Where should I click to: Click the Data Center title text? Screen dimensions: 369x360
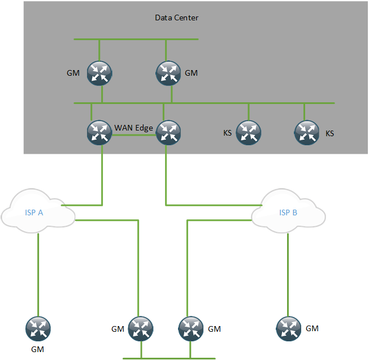176,18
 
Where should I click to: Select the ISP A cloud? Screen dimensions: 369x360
38,211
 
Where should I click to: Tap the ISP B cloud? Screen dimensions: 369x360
289,211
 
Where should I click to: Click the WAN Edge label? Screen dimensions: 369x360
133,128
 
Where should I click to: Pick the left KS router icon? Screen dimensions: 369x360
248,133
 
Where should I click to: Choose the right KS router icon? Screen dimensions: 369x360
307,133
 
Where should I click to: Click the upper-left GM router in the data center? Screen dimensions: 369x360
99,73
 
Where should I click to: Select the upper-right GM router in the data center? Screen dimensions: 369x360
168,73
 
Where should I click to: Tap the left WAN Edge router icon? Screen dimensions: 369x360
99,133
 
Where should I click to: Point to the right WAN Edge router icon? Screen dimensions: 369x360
168,133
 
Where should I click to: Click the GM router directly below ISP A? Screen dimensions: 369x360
38,329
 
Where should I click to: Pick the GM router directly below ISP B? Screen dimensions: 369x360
289,329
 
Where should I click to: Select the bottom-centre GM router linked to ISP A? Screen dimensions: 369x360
141,329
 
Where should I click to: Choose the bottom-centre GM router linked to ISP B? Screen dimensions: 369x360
190,329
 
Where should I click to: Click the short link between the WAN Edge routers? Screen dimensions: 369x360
134,135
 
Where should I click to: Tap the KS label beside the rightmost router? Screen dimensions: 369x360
329,133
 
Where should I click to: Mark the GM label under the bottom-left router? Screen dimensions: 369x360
37,349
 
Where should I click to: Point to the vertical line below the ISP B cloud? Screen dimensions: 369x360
288,275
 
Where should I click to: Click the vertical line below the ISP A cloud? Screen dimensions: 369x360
38,275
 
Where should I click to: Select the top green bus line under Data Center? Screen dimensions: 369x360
136,40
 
